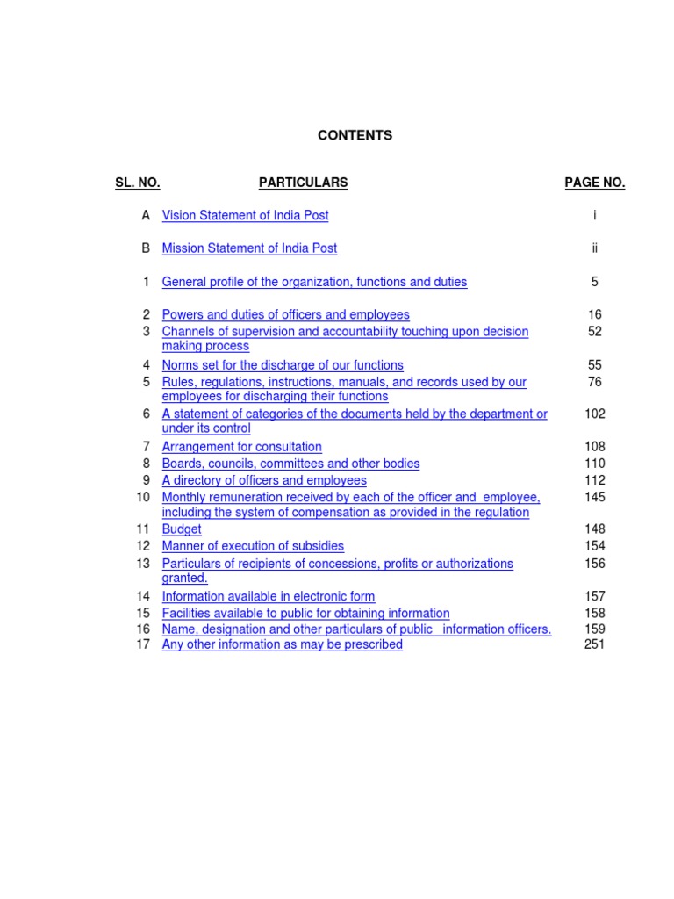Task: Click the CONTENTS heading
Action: point(355,135)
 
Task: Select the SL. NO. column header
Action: point(137,183)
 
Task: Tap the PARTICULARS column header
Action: point(303,183)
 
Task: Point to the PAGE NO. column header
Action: point(594,183)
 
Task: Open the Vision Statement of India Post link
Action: point(245,215)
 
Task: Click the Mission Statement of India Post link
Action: point(249,248)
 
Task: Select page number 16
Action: point(594,314)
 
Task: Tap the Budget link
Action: point(182,529)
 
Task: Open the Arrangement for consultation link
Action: point(241,447)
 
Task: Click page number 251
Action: point(594,644)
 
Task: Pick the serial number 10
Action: point(143,497)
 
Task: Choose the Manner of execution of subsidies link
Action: point(253,546)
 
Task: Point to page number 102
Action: point(594,414)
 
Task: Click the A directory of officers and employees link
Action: point(264,480)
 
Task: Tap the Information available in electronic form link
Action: point(268,597)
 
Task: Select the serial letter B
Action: point(146,248)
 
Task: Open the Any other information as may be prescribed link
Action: point(282,644)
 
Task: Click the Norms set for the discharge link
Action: point(283,365)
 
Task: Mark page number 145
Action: point(594,497)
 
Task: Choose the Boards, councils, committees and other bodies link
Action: point(290,464)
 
